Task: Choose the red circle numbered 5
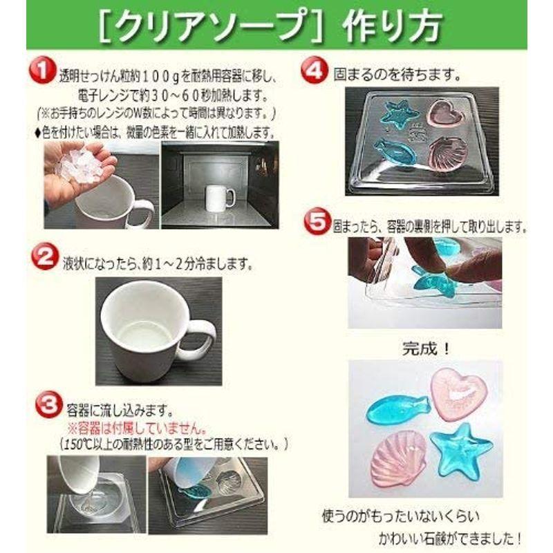[316, 225]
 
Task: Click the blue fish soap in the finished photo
[391, 413]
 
